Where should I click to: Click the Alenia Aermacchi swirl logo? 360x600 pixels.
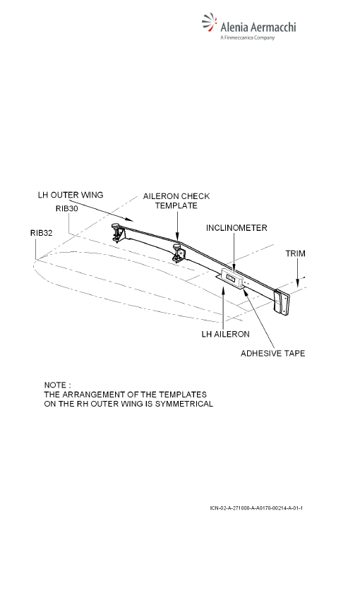point(209,23)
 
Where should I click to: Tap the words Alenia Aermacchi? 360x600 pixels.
point(258,27)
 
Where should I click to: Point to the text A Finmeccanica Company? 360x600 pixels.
point(248,37)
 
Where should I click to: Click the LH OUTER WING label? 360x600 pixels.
point(71,195)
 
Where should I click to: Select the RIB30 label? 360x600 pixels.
point(66,208)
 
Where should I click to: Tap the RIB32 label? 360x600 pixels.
point(42,233)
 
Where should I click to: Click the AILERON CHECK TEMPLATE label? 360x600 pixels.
point(176,201)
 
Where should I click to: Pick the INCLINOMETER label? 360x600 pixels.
point(236,228)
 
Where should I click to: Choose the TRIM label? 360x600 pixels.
point(295,253)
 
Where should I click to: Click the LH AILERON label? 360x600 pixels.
point(225,334)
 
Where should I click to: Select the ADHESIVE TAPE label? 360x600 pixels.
point(272,353)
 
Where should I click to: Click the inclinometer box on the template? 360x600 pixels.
point(232,278)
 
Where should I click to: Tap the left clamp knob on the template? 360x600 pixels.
point(116,228)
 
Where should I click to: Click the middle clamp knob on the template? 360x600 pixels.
point(177,248)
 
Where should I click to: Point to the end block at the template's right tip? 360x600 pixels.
point(282,302)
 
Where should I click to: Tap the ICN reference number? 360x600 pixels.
point(256,508)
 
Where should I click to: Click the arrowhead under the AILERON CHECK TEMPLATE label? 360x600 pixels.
point(177,238)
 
